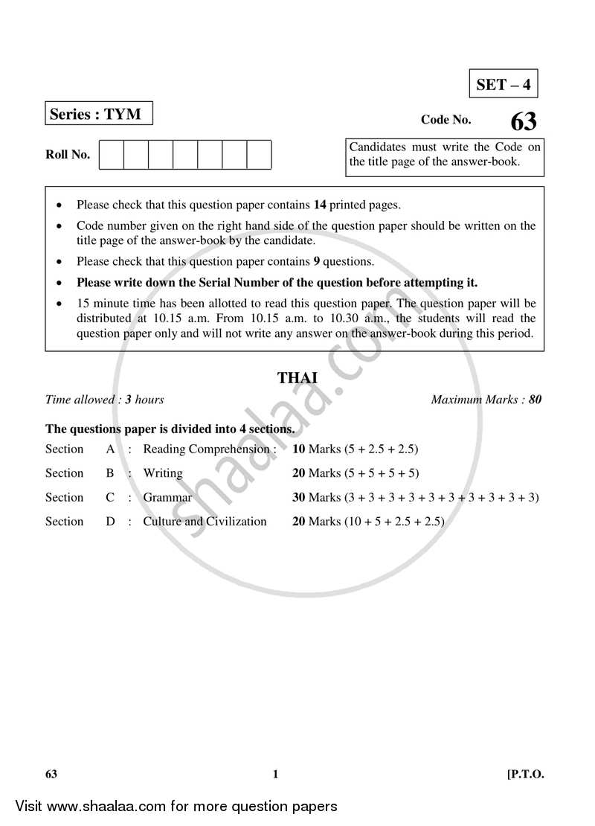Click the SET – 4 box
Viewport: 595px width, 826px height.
click(504, 84)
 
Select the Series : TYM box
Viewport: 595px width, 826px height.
click(99, 115)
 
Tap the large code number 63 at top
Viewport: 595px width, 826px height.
click(523, 121)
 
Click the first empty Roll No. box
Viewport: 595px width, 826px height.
click(111, 155)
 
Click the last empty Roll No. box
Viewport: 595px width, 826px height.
click(259, 155)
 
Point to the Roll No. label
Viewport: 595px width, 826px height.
click(68, 155)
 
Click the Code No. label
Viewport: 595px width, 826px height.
click(446, 119)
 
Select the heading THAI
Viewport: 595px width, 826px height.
click(297, 378)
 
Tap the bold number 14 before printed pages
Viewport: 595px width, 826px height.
click(320, 205)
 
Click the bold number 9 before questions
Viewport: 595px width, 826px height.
click(316, 261)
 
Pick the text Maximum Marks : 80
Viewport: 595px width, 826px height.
click(486, 400)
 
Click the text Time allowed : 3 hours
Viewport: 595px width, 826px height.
click(105, 400)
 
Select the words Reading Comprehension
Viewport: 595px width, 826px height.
click(206, 449)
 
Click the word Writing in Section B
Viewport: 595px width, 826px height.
click(162, 473)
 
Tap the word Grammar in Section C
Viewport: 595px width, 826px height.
click(167, 497)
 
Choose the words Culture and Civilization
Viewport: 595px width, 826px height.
click(205, 522)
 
